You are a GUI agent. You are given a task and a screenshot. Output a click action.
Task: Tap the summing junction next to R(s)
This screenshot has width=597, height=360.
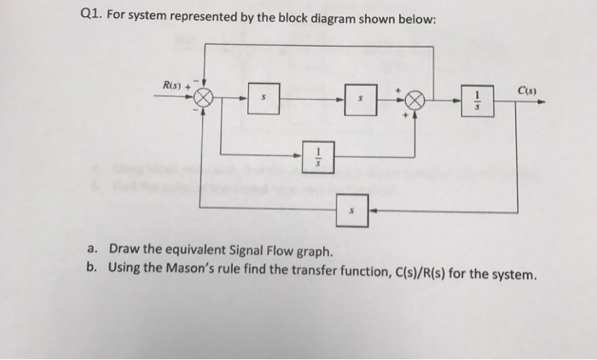204,98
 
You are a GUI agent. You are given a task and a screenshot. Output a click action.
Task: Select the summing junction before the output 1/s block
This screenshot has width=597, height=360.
413,99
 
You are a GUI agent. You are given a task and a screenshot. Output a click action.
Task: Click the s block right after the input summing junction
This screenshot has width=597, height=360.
262,100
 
